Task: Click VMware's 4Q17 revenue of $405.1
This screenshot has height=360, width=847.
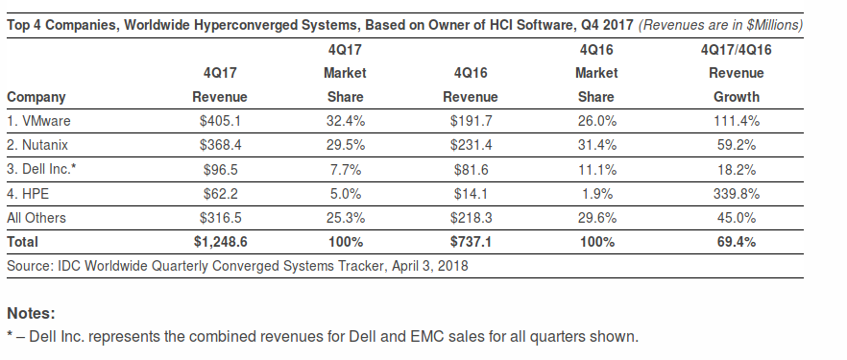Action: tap(220, 121)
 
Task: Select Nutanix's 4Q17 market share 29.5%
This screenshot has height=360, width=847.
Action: tap(345, 145)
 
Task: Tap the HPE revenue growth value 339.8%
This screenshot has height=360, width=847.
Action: tap(737, 194)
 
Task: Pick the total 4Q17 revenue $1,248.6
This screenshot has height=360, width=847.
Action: tap(221, 242)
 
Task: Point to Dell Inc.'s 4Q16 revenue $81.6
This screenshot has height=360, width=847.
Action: tap(471, 170)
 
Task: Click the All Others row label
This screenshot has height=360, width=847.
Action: tap(36, 218)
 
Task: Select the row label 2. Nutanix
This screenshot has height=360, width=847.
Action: tap(37, 145)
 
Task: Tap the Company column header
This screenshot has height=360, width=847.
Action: tap(36, 97)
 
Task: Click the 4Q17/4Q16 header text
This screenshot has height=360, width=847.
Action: tap(737, 50)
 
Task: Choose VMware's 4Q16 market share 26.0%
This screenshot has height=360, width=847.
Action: tap(596, 121)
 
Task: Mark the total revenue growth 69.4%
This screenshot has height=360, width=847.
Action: tap(737, 242)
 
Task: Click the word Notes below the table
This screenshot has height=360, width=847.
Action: tap(31, 314)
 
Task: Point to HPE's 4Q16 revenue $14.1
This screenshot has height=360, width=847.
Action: tap(471, 194)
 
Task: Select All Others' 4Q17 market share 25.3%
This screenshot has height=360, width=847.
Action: tap(345, 218)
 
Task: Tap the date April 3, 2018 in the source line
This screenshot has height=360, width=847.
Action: tap(430, 266)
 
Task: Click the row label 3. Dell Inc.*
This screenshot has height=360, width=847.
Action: tap(41, 170)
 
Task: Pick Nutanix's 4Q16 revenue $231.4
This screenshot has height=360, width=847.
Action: tap(471, 145)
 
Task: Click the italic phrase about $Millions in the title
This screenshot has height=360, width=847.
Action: tap(720, 26)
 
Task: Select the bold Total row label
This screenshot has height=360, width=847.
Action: tap(23, 242)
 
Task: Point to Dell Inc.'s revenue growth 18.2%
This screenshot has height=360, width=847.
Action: tap(737, 170)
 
